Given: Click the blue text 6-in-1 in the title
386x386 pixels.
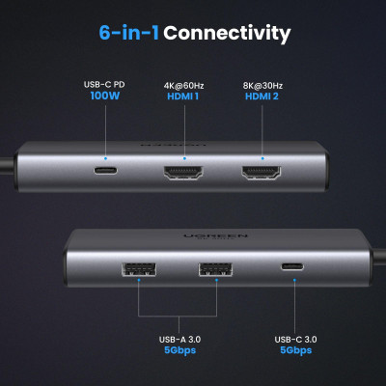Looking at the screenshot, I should pos(128,34).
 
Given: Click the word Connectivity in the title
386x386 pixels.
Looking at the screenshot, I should pos(227,34).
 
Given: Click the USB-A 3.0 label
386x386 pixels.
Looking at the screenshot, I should pos(185,340).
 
